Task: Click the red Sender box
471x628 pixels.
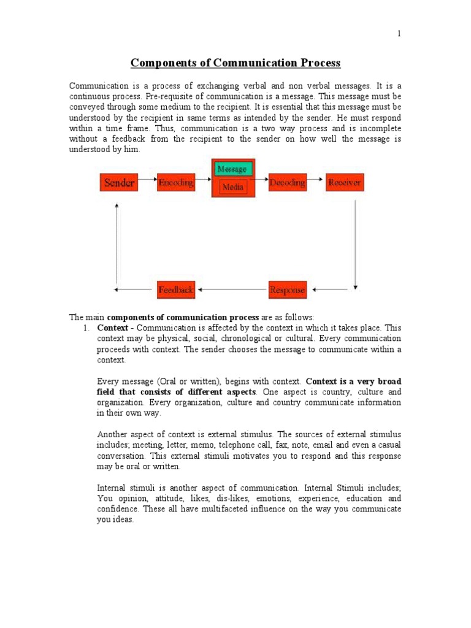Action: [x=119, y=183]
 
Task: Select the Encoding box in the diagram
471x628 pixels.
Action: [x=176, y=183]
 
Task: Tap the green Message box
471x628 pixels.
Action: [x=232, y=169]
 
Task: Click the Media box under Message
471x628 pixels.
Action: [x=233, y=187]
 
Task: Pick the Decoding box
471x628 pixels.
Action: [x=287, y=183]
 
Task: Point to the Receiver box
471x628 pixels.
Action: [x=345, y=183]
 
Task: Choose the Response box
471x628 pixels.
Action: [x=287, y=290]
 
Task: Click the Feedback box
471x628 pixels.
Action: [x=176, y=289]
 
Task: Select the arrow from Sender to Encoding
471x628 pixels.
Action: [x=147, y=183]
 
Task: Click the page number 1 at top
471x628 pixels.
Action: [x=399, y=34]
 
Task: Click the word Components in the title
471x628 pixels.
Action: [x=161, y=63]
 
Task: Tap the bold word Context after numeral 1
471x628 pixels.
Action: [x=113, y=328]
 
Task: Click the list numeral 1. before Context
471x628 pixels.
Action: [x=86, y=328]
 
